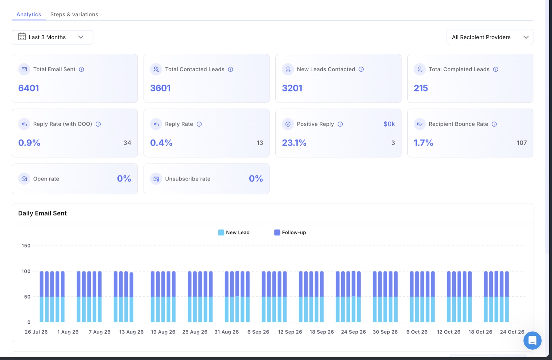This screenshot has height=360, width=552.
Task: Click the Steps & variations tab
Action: pos(74,14)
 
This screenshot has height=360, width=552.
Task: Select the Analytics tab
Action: pos(29,14)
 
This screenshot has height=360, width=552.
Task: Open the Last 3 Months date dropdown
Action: pos(52,37)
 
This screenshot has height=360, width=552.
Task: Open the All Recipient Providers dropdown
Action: pos(490,37)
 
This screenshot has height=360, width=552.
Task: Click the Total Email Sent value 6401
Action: pos(29,88)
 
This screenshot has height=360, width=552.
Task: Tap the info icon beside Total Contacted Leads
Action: pos(231,69)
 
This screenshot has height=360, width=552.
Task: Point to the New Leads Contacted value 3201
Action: pos(292,88)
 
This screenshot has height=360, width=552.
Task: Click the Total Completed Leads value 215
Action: pos(421,88)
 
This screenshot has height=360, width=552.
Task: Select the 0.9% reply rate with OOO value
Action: pos(29,143)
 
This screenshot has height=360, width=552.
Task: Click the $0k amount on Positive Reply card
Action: pos(389,124)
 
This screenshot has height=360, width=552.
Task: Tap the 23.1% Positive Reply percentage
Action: pos(294,143)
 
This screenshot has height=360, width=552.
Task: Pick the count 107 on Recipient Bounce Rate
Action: pos(522,143)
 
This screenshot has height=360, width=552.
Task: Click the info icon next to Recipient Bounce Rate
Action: pos(494,124)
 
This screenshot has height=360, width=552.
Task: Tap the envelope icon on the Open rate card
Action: pos(24,179)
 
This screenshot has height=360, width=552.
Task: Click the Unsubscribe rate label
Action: pos(188,179)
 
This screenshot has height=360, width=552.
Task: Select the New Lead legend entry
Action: pos(234,232)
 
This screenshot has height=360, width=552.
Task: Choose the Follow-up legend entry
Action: pos(290,232)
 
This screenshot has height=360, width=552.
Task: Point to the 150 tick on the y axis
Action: pos(26,246)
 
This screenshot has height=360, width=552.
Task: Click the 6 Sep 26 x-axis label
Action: pos(258,332)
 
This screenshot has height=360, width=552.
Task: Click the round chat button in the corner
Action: pos(532,340)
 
